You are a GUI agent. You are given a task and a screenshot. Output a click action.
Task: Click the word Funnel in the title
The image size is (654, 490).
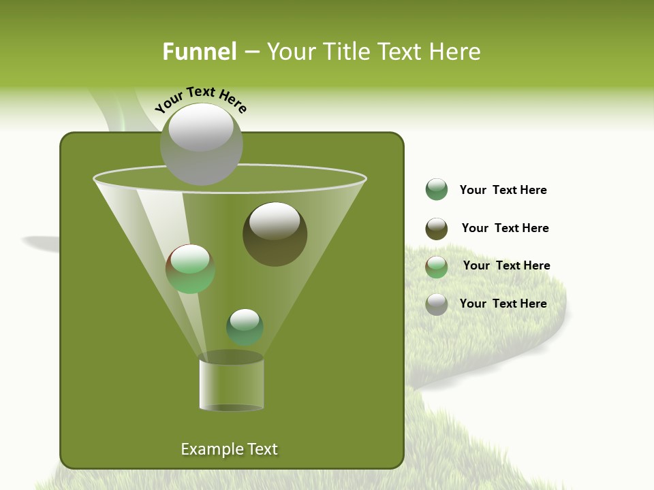pos(199,52)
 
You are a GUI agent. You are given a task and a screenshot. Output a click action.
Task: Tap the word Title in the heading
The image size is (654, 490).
pos(345,52)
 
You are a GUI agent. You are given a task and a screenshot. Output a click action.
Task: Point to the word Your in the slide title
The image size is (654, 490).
pos(289,52)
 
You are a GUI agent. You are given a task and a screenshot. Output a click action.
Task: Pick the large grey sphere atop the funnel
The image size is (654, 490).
pos(201,144)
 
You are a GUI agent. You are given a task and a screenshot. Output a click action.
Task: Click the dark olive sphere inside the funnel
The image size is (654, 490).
pos(275,233)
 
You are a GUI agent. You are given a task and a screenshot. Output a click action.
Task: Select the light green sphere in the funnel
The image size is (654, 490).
pos(190,269)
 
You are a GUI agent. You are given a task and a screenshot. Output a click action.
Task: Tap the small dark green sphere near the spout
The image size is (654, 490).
pos(245,327)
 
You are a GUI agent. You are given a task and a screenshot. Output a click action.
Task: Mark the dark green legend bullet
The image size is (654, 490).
pos(437,190)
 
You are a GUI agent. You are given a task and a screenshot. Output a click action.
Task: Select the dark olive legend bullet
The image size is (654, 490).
pos(437,229)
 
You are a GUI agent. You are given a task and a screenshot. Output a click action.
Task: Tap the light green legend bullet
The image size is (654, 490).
pos(437,267)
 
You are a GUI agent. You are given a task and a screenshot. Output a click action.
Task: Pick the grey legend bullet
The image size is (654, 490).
pos(437,304)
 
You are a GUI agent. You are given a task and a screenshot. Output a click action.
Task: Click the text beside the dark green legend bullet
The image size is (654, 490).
pos(503,190)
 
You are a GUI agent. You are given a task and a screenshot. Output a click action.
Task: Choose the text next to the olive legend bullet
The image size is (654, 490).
pos(505,228)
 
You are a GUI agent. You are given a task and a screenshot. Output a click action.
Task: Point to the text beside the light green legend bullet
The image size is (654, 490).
pos(506,265)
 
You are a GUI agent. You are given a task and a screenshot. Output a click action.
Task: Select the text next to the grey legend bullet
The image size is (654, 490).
pos(503,304)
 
